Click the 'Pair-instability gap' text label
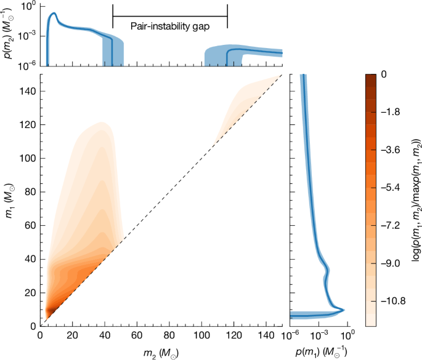click(x=170, y=26)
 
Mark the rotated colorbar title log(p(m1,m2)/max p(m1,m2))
click(x=415, y=199)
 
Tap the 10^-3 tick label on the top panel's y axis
click(x=26, y=36)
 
